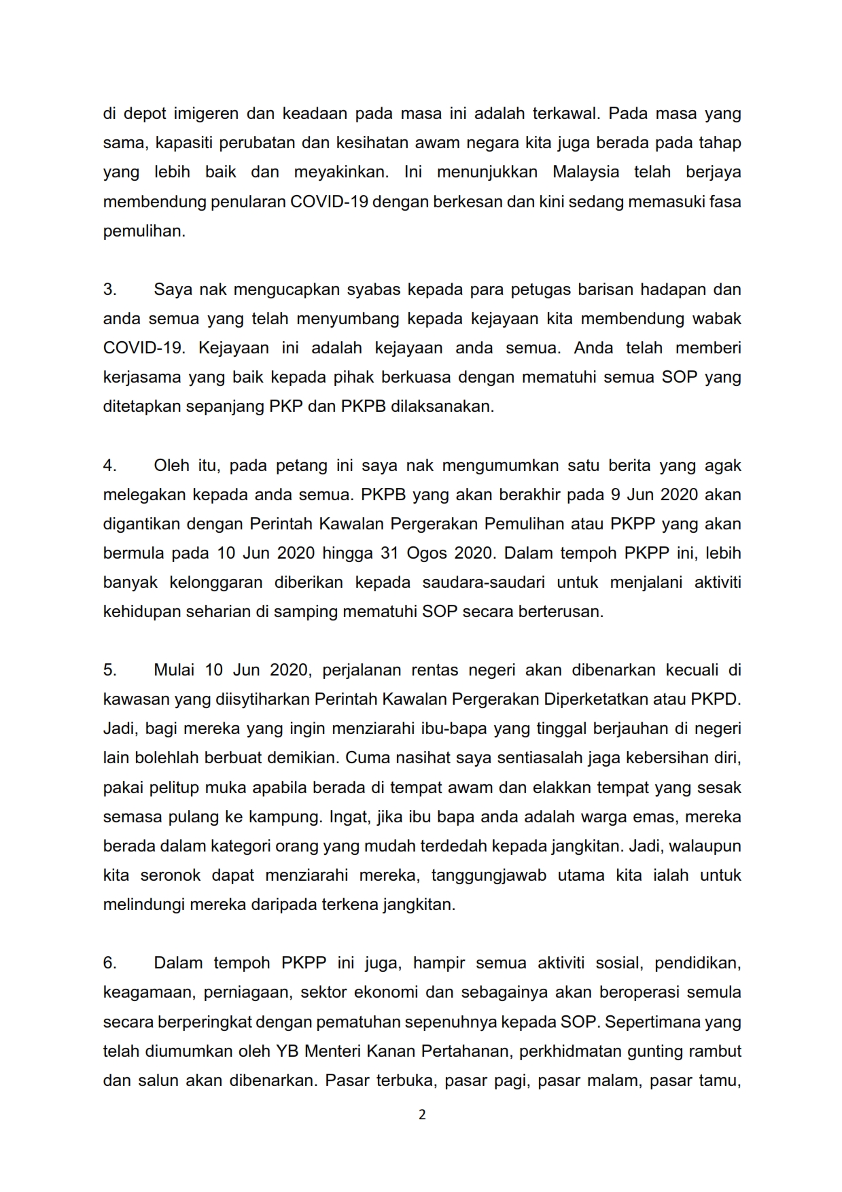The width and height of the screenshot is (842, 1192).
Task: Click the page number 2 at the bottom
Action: [422, 1115]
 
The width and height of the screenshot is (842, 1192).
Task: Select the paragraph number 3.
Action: [110, 290]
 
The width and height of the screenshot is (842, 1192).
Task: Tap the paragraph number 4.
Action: [110, 466]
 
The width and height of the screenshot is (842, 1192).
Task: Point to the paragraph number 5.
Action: [110, 670]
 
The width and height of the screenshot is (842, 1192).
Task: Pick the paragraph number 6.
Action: [110, 963]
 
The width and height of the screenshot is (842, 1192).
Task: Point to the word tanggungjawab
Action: [489, 875]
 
